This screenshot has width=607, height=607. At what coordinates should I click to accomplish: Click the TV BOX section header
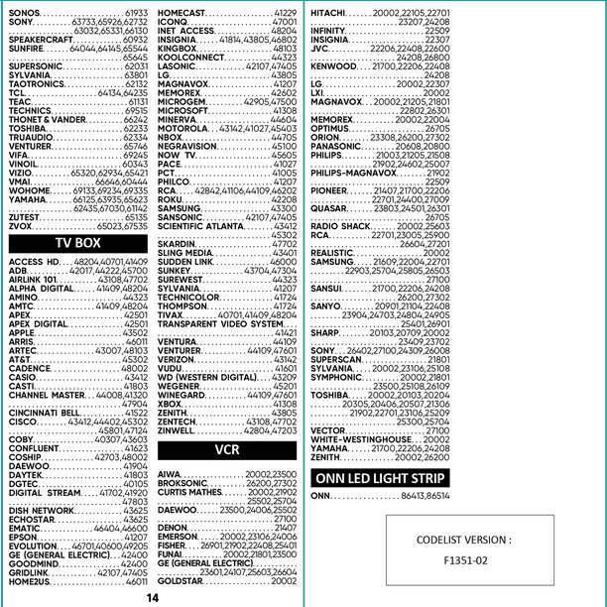pyautogui.click(x=77, y=242)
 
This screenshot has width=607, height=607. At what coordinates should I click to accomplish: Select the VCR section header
pyautogui.click(x=226, y=449)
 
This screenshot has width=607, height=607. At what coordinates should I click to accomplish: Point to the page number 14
pyautogui.click(x=152, y=598)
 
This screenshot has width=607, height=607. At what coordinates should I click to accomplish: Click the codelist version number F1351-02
pyautogui.click(x=465, y=561)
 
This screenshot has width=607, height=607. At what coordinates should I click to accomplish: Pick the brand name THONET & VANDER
pyautogui.click(x=48, y=119)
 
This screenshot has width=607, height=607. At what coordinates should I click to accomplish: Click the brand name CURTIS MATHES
pyautogui.click(x=189, y=492)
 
